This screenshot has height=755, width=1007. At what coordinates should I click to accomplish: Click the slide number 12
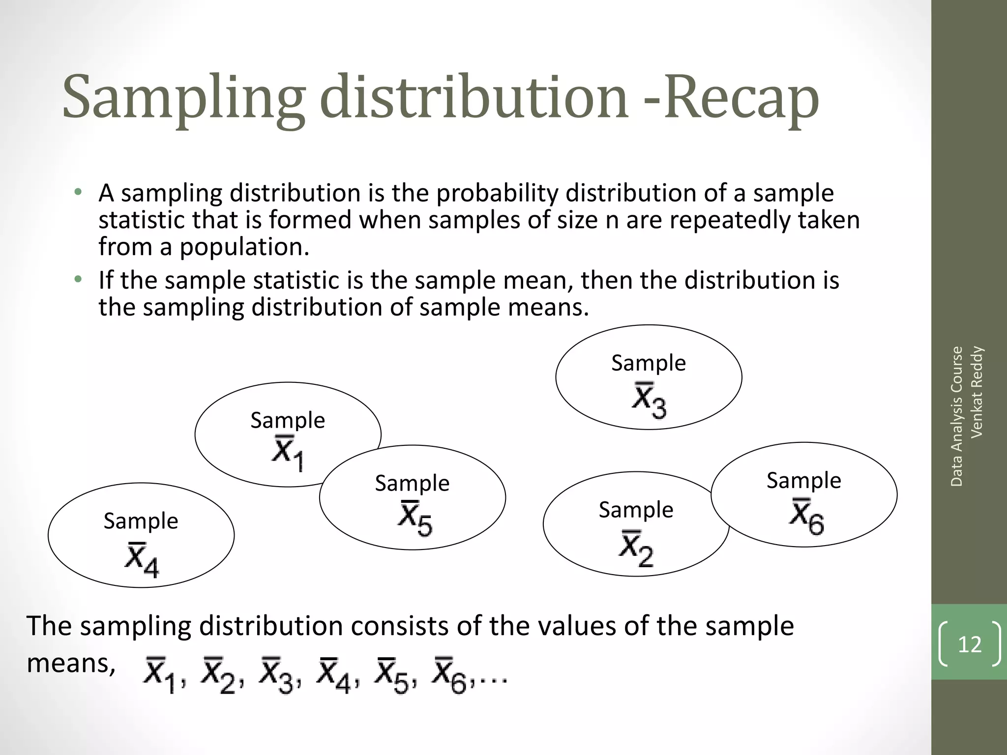969,644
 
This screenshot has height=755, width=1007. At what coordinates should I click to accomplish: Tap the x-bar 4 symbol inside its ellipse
142,559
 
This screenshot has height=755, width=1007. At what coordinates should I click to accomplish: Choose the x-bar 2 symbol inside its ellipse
636,548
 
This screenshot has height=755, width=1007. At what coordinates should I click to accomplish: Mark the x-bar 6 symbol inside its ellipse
806,517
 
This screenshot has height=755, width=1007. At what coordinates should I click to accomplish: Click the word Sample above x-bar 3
649,363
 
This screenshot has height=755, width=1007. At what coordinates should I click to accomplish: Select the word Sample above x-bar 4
141,521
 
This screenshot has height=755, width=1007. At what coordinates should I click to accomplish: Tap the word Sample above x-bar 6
804,480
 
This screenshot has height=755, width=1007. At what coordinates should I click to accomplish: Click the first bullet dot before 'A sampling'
78,192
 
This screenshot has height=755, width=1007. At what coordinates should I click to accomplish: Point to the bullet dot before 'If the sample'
78,280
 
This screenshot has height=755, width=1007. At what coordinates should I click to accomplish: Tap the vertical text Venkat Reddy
977,392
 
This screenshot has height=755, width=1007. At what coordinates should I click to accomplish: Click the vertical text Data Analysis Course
956,416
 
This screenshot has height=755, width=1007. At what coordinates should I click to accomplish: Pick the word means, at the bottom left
71,663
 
